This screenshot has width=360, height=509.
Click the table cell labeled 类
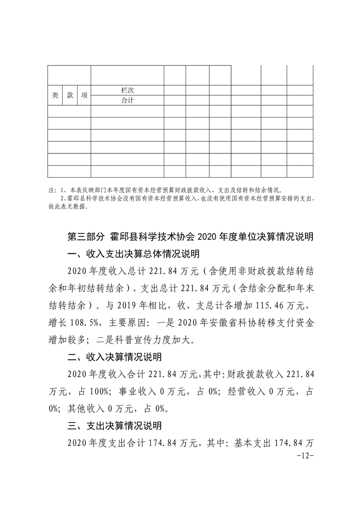tap(55, 95)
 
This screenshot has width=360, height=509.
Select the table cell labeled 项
tap(84, 95)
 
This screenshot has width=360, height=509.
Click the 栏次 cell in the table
tap(127, 90)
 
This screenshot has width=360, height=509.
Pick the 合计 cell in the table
tap(127, 100)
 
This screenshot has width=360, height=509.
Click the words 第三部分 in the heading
tap(84, 237)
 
